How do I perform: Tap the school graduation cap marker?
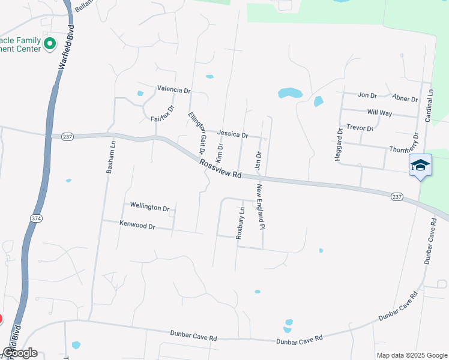(x=420, y=165)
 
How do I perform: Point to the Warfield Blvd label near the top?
(x=67, y=47)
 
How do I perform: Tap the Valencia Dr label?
(x=173, y=89)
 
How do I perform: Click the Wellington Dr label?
(x=149, y=207)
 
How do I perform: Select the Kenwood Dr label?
(x=137, y=226)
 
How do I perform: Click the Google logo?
(x=20, y=353)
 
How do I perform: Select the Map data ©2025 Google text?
(x=411, y=355)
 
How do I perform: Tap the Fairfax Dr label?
(x=162, y=113)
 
